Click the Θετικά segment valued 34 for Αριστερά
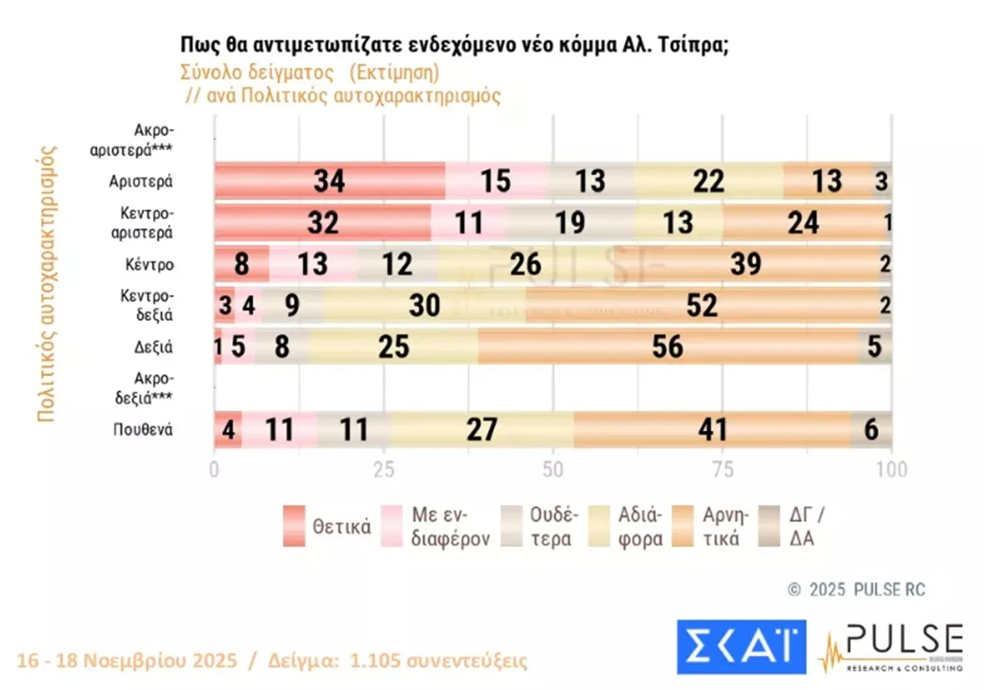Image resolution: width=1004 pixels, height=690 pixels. pos(329,181)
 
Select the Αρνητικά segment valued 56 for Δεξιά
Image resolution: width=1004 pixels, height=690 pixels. pos(667,347)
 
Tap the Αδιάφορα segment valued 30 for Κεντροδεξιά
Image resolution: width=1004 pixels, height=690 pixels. pos(425,305)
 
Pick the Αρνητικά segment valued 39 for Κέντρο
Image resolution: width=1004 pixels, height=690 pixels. pos(745,264)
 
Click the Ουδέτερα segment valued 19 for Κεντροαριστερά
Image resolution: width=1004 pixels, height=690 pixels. pos(570,223)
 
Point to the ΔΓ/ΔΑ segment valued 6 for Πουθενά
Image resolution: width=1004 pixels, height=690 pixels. pos(871,430)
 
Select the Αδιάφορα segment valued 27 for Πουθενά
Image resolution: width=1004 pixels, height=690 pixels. pos(481,430)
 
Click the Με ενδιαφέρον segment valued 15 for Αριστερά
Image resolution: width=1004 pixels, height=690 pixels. pos(496,181)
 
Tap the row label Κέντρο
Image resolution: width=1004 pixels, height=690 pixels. pos(149,265)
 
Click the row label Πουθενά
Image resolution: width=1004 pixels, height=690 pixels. pos(142,430)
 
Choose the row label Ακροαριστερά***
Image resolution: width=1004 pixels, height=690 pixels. pos(131,140)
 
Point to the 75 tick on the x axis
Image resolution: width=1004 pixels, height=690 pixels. pos(723,470)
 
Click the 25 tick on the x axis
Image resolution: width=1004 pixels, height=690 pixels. pos(384,470)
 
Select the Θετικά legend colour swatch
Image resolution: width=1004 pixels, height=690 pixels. pos(294,526)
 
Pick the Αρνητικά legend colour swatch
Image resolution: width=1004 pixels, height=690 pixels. pos(682,526)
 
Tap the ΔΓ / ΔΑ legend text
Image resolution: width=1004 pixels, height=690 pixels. pos(806,526)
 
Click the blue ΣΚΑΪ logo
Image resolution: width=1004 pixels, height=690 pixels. pos(741,647)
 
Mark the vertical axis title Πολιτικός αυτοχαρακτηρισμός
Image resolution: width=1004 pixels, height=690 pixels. pos(47,284)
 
